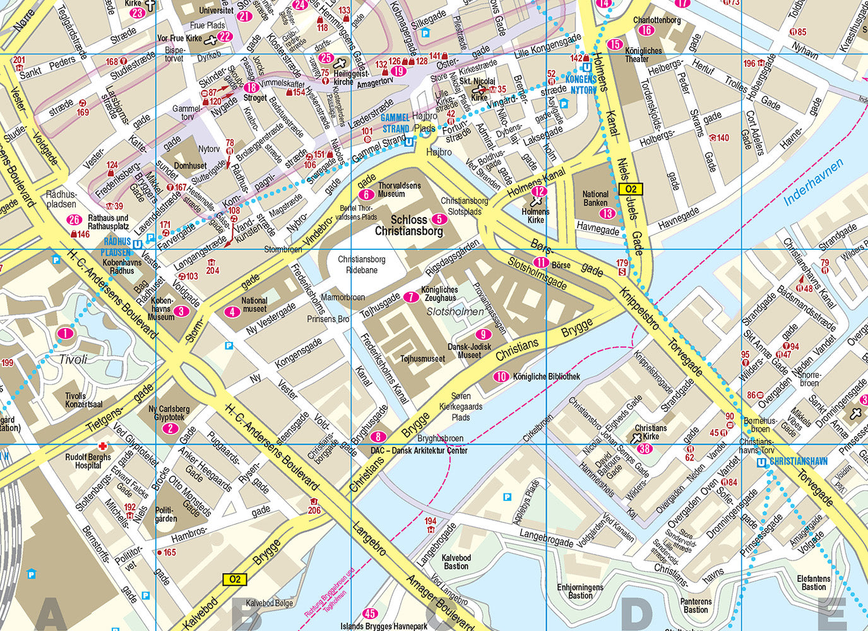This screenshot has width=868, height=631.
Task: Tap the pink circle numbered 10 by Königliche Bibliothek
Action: pyautogui.click(x=501, y=377)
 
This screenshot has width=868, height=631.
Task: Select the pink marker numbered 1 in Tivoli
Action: pyautogui.click(x=65, y=333)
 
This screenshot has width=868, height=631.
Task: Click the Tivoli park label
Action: pyautogui.click(x=73, y=359)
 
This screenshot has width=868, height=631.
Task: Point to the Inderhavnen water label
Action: pyautogui.click(x=814, y=183)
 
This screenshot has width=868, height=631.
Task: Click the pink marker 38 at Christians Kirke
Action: pyautogui.click(x=645, y=449)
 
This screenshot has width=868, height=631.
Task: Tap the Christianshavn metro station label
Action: pyautogui.click(x=798, y=462)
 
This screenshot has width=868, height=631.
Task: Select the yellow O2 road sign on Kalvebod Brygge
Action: pyautogui.click(x=235, y=579)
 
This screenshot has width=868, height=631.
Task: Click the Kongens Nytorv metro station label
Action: pyautogui.click(x=580, y=85)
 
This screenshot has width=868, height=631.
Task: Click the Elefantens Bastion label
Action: pyautogui.click(x=814, y=582)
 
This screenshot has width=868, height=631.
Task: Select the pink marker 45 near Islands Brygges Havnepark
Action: pyautogui.click(x=370, y=613)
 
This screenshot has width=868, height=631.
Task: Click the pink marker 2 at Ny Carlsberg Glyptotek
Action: pyautogui.click(x=170, y=428)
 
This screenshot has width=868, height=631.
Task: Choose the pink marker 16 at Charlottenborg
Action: pyautogui.click(x=645, y=30)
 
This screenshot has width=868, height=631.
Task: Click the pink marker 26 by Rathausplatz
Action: pyautogui.click(x=74, y=220)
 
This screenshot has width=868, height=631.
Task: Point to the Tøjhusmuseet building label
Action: pyautogui.click(x=422, y=358)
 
